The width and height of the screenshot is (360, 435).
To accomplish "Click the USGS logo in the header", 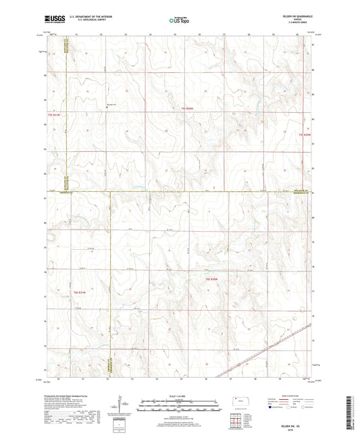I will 53,19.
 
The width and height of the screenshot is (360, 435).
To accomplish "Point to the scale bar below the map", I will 180,405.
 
